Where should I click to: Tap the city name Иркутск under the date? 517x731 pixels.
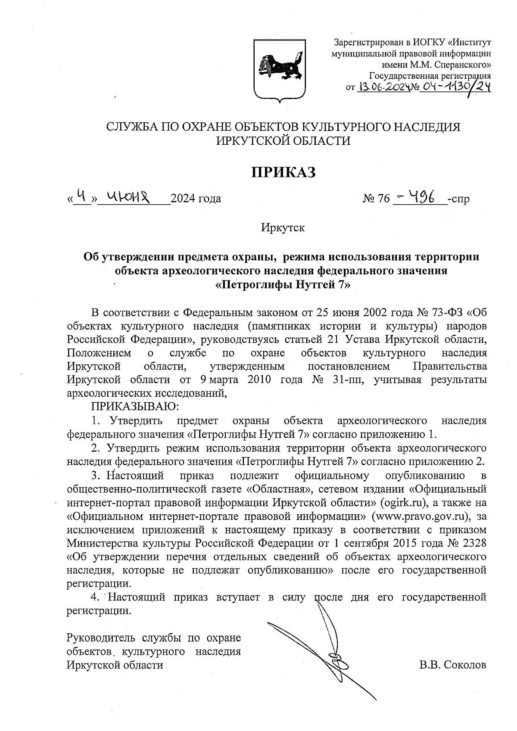tap(283, 227)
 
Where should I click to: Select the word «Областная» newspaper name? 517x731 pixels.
tap(276, 489)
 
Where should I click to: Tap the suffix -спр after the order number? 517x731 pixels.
tap(459, 199)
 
